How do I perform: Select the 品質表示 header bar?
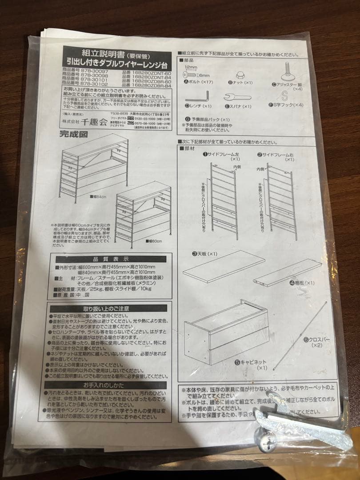[111, 259]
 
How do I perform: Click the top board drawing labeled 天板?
[223, 266]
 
